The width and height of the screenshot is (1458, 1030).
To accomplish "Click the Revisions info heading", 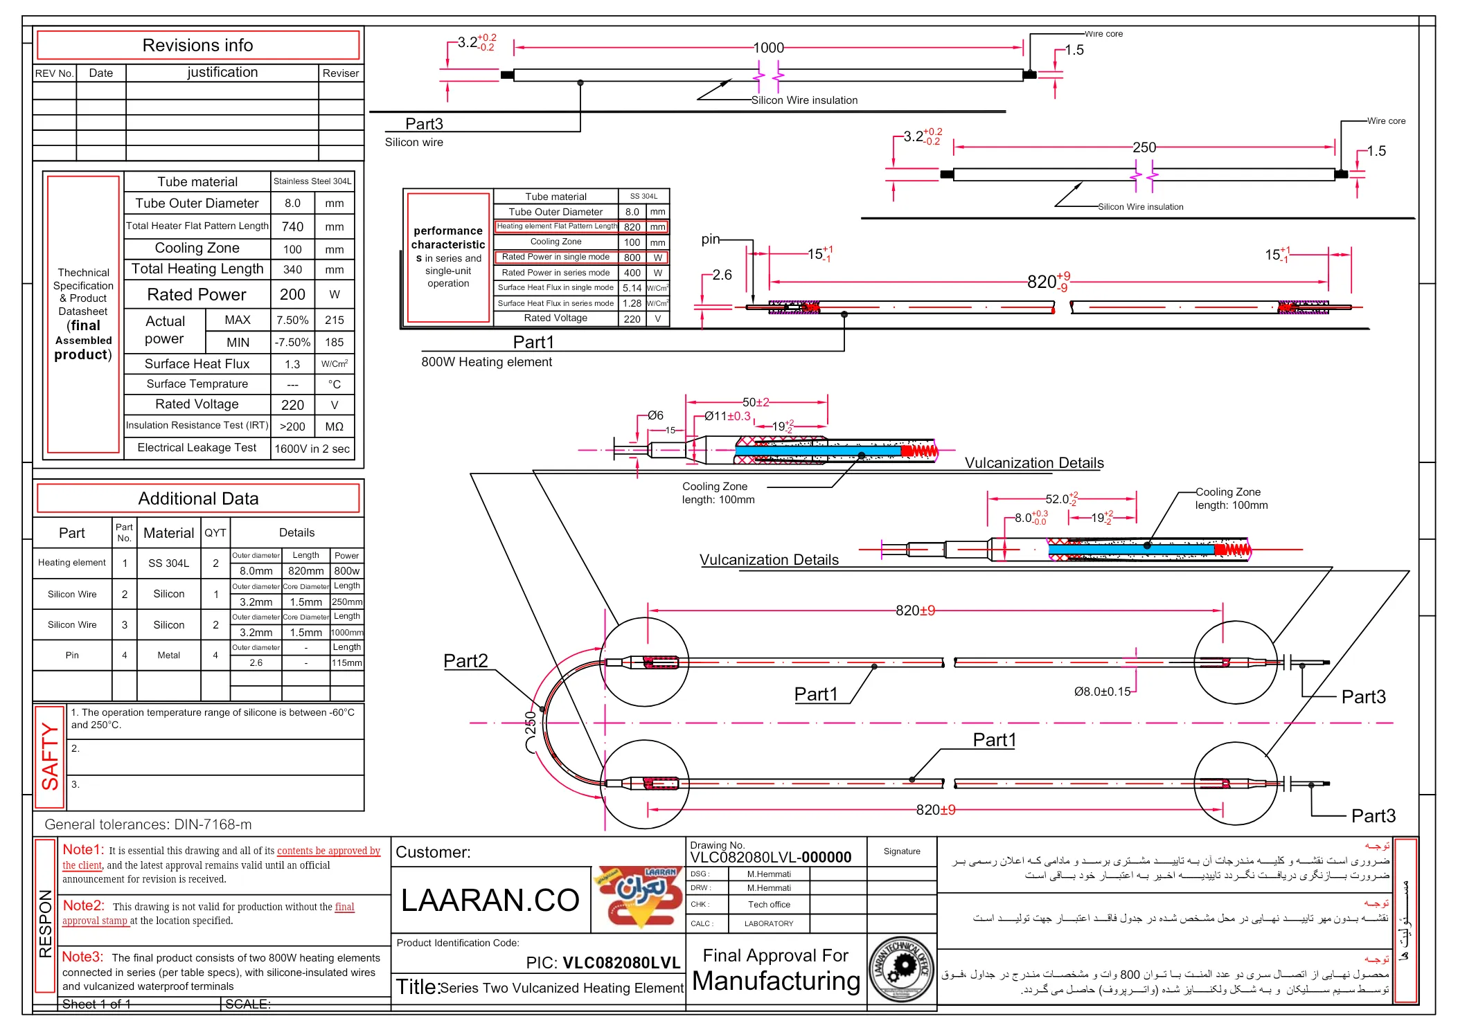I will coord(197,46).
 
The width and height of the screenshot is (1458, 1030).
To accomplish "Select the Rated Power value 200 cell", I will coord(292,295).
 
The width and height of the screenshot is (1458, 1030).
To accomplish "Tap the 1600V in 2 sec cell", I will coord(312,449).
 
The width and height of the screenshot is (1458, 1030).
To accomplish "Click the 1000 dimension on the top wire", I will coord(768,48).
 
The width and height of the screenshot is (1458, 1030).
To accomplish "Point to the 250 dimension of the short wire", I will coord(1144,147).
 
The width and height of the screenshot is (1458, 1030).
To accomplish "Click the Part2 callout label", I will coord(465,661).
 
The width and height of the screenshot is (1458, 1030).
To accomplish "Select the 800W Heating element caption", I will coord(486,362).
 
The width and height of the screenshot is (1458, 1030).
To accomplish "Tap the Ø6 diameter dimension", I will coord(655,415).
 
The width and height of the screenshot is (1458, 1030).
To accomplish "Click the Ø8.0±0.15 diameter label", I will coord(1102,692).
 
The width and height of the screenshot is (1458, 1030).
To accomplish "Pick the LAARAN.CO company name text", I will coord(490,901).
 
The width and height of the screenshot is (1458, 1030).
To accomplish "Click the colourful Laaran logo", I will coord(637,896).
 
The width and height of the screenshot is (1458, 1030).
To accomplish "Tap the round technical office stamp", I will coord(901,968).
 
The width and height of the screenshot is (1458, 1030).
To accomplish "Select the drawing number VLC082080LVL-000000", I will coord(770,858).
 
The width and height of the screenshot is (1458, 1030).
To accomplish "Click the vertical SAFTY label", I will coord(50,756).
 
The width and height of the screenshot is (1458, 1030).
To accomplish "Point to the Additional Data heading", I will coord(198,499).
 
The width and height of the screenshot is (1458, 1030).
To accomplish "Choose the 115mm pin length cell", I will coord(346,663).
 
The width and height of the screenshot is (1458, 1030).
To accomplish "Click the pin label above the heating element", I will coord(710,240).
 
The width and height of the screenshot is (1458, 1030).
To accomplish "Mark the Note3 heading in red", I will coord(82,957).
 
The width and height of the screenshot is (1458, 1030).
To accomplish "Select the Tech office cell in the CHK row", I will coord(769,905).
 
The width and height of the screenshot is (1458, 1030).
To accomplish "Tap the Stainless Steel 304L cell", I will coord(312,181).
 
